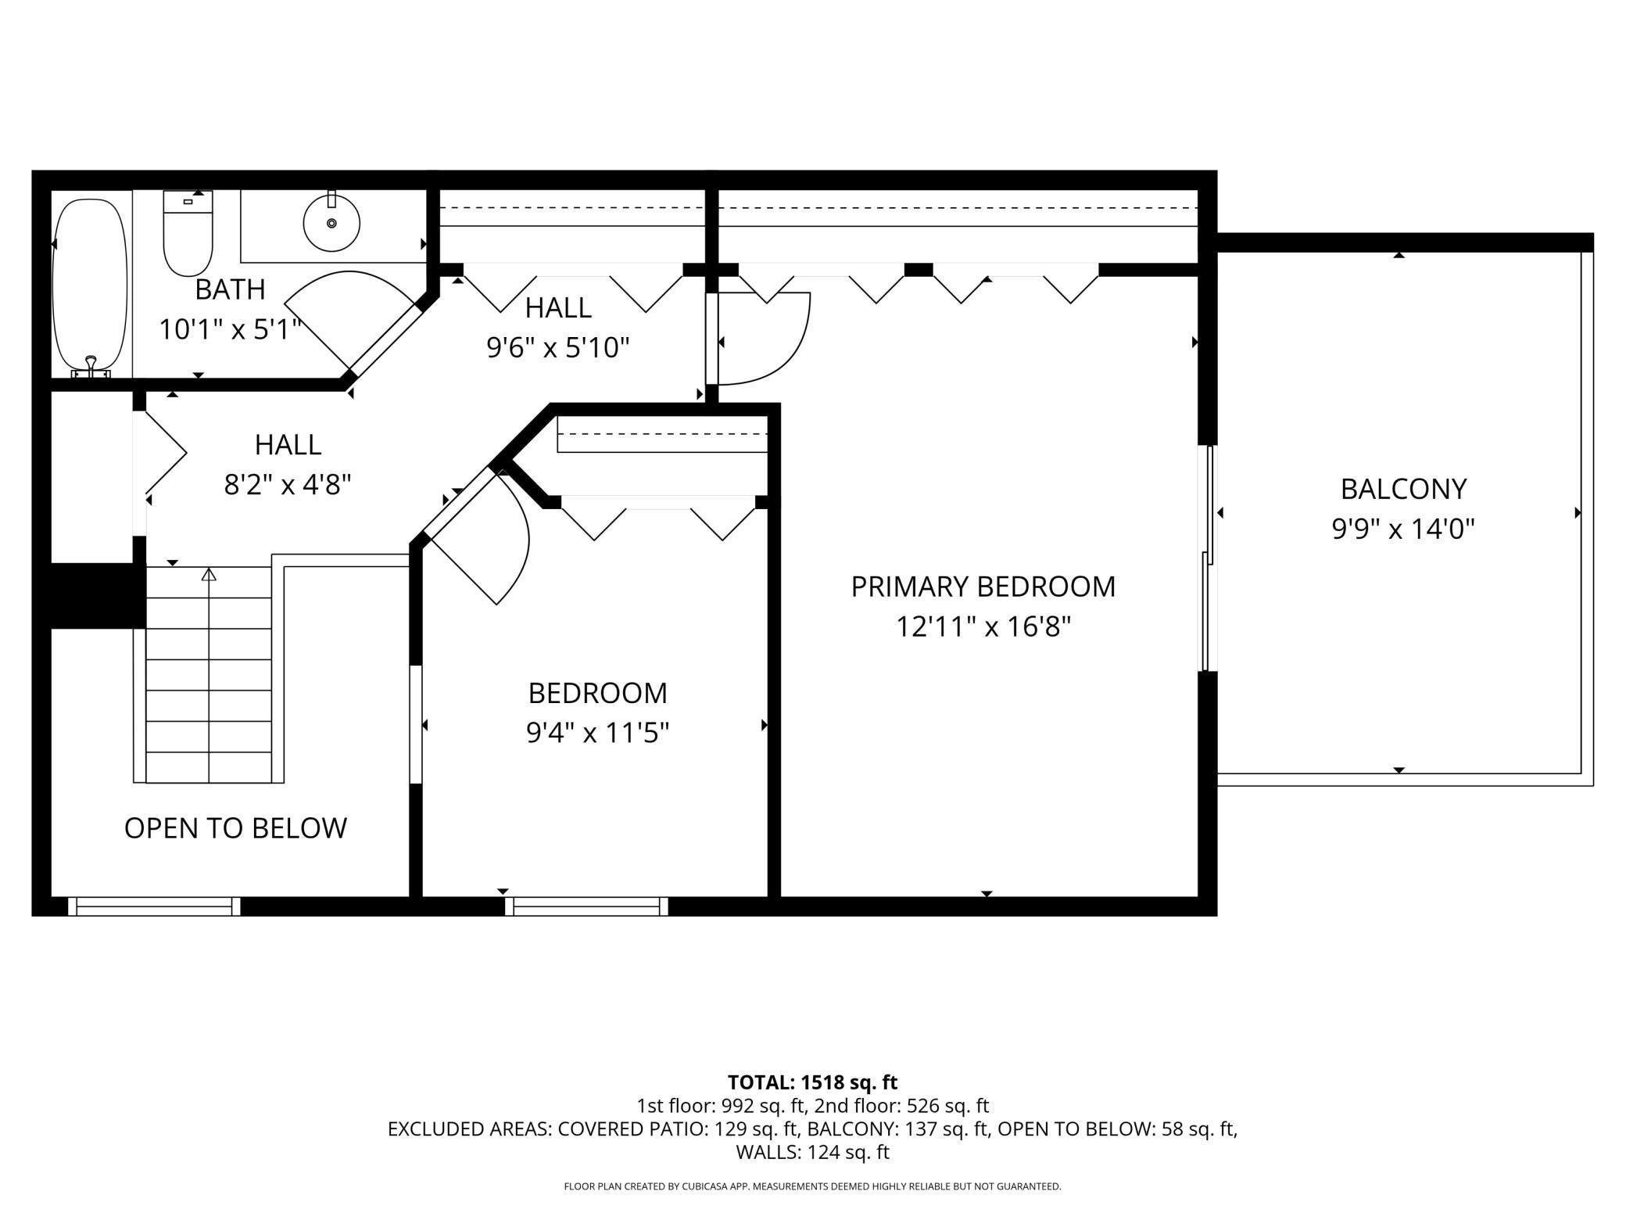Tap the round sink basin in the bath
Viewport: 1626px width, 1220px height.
[x=331, y=223]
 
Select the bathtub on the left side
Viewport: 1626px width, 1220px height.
[x=89, y=285]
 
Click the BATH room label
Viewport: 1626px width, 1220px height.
[x=230, y=289]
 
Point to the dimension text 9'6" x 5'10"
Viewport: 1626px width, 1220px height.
[x=557, y=346]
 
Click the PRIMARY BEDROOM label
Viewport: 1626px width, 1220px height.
[x=983, y=587]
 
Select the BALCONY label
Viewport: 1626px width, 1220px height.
[x=1402, y=489]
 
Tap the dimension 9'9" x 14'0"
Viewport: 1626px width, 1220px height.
[x=1402, y=529]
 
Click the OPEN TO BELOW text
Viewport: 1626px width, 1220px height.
[x=235, y=828]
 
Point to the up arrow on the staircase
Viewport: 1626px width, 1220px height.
[x=209, y=576]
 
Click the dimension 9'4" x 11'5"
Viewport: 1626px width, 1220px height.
[x=597, y=733]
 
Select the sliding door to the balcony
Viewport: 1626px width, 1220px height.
[x=1209, y=558]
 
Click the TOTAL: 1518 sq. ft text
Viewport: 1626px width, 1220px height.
[x=812, y=1082]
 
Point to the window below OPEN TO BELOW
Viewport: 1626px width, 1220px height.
[x=154, y=906]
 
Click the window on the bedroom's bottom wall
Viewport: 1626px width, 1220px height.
[x=586, y=906]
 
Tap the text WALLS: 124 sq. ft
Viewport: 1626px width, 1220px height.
[x=812, y=1152]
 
